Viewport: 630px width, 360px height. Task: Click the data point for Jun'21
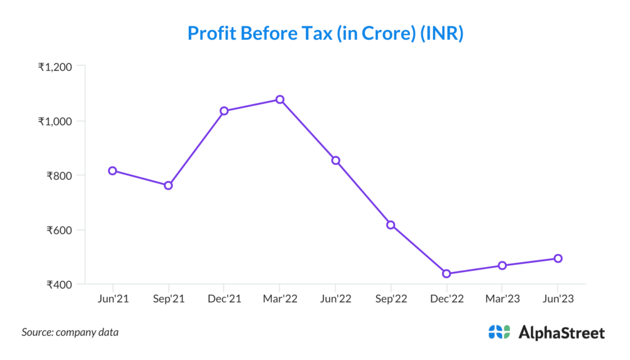coord(113,170)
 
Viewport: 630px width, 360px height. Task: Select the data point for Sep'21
coord(168,185)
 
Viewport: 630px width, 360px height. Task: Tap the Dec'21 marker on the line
coord(224,111)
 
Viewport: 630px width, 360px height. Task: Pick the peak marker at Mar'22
coord(280,99)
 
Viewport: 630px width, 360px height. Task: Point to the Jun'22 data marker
coord(335,160)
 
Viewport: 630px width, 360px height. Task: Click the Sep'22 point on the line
coord(391,225)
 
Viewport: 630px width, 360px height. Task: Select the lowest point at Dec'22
coord(447,274)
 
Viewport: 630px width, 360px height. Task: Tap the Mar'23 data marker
coord(502,265)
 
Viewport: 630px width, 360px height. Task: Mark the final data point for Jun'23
coord(558,258)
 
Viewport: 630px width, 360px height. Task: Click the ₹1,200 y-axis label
coord(55,67)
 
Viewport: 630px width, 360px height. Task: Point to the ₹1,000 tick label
coord(55,121)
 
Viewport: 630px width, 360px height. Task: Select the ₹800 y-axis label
coord(60,176)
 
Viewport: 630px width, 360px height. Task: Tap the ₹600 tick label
coord(60,230)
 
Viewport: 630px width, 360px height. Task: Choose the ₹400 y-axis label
coord(60,285)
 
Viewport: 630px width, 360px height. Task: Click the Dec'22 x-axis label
coord(447,298)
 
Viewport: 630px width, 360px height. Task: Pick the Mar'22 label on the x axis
coord(280,298)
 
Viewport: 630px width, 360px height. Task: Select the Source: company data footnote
coord(70,332)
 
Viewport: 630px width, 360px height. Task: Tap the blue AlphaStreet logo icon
coord(499,332)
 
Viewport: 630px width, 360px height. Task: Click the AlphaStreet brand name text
coord(562,333)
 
